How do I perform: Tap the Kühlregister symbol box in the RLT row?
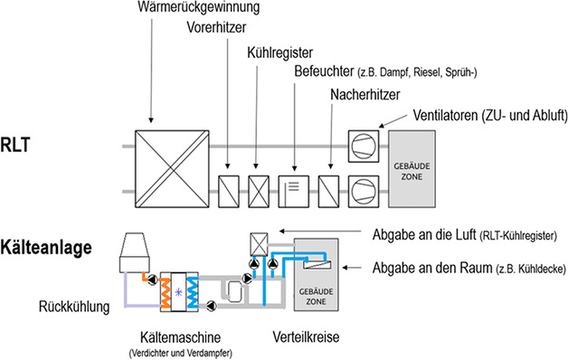click(x=260, y=190)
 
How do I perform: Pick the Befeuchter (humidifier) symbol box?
click(x=295, y=190)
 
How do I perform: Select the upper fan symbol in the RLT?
click(x=366, y=147)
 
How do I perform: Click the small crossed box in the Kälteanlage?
click(x=260, y=242)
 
